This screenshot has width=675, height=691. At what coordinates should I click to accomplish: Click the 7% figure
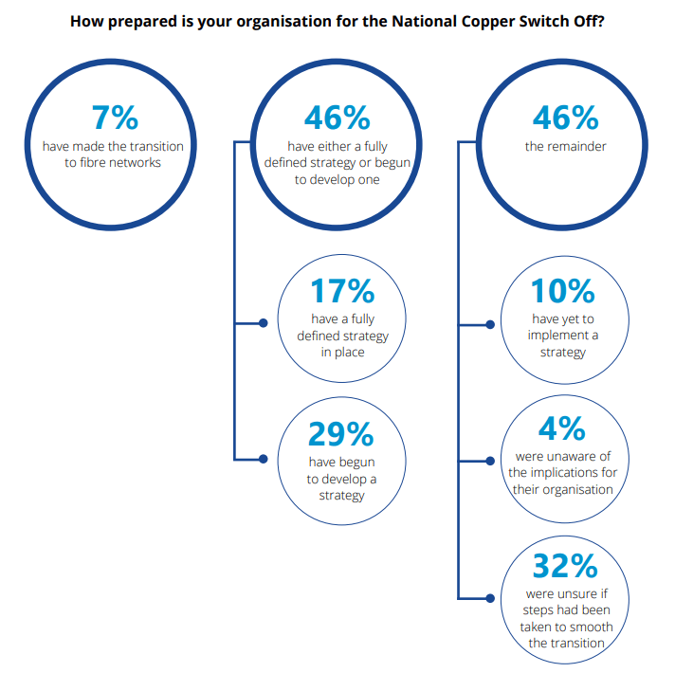point(115,118)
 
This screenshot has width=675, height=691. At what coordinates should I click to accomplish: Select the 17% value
point(342,291)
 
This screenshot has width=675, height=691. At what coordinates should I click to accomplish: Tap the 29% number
point(341,434)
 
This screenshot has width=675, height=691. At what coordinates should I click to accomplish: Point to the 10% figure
point(562,291)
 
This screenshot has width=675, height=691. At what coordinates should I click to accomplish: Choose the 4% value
point(562,428)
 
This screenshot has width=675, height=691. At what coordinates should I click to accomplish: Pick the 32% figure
point(565,566)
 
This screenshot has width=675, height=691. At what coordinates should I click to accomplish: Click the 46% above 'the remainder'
point(566,118)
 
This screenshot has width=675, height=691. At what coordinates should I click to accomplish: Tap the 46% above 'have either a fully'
point(337,118)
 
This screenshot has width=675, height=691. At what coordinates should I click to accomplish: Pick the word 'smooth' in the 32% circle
point(593,627)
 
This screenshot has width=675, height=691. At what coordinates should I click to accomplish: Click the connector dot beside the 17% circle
point(264,323)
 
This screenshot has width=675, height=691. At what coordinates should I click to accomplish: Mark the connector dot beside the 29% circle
point(264,459)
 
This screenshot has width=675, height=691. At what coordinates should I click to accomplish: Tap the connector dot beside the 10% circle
point(490,325)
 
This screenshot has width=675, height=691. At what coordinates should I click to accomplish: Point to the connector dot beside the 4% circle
point(490,461)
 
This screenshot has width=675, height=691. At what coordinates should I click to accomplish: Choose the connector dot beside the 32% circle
point(490,598)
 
